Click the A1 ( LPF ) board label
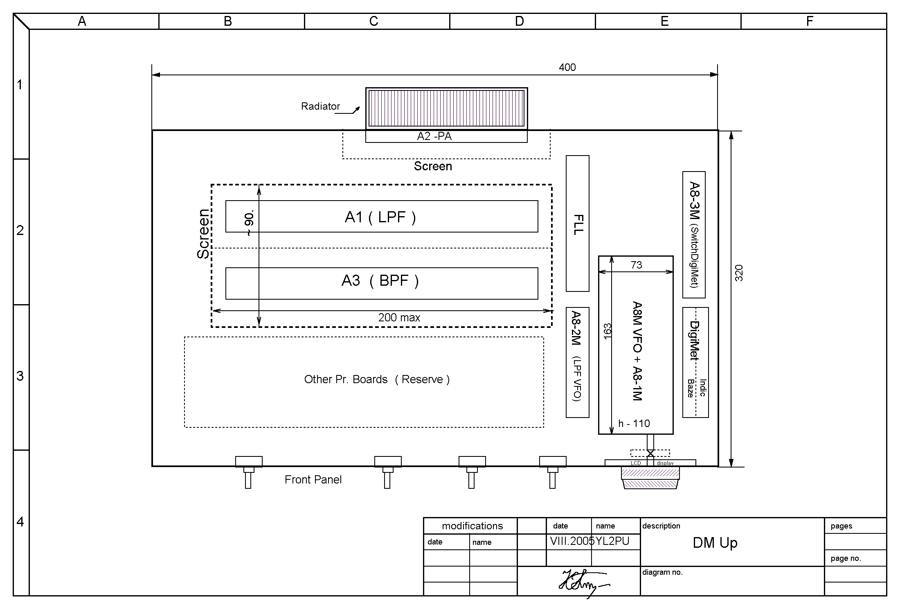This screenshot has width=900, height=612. (380, 217)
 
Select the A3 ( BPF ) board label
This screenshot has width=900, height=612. (380, 281)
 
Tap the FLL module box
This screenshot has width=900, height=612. (577, 224)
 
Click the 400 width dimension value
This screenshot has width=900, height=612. (567, 67)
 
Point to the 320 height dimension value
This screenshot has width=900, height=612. (738, 273)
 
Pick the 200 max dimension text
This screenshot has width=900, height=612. (399, 318)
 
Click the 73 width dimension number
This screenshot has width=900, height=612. (637, 265)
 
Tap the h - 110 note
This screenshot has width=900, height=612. (634, 423)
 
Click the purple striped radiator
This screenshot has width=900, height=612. (446, 108)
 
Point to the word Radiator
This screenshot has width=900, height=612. (320, 106)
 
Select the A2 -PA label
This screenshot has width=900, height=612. (434, 136)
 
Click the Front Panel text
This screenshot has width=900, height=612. (313, 480)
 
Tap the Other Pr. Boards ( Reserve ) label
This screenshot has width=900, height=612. (377, 379)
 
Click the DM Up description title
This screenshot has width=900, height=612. (715, 543)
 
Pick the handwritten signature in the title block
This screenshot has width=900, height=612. (583, 582)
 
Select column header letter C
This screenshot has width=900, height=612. (373, 21)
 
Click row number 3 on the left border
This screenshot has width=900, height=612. (20, 376)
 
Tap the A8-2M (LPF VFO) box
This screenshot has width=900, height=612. (577, 362)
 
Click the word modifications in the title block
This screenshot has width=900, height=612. (472, 526)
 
